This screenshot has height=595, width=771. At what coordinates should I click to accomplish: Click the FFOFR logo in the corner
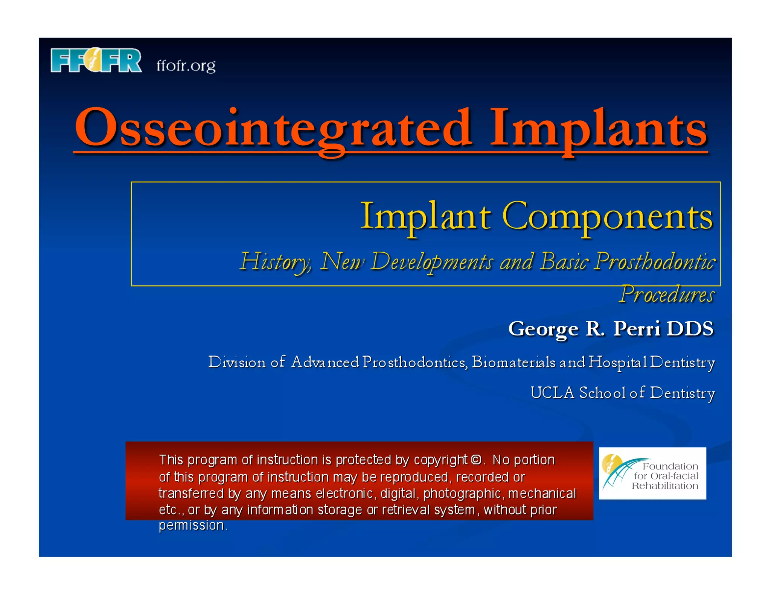click(96, 60)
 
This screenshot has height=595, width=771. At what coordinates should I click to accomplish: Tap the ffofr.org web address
click(186, 66)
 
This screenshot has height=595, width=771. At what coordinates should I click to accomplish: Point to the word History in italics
click(275, 261)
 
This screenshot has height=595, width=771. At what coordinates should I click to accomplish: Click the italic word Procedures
click(666, 294)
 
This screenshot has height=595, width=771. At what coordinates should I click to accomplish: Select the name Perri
click(637, 328)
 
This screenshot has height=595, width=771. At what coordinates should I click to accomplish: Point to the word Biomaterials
click(513, 362)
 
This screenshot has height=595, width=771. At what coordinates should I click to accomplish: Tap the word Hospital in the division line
click(617, 362)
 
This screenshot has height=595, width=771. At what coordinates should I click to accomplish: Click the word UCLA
click(552, 393)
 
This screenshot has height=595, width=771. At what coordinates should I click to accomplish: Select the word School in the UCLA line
click(602, 393)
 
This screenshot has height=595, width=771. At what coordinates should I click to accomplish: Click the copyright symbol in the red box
click(476, 460)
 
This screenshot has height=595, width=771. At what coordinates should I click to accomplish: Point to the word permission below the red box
click(192, 525)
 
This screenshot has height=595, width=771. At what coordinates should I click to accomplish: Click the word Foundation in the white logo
click(670, 466)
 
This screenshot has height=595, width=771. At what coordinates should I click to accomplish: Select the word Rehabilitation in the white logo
click(665, 486)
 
